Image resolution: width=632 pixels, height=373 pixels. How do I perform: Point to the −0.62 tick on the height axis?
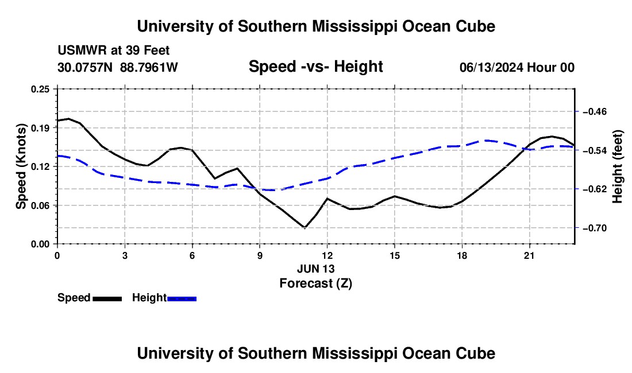[595, 189]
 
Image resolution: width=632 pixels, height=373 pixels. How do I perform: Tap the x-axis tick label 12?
[327, 255]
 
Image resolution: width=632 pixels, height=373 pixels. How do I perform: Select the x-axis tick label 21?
[529, 255]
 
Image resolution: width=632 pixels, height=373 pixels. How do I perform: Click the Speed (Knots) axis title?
[21, 166]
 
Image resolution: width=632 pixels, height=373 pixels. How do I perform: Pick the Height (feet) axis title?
[618, 166]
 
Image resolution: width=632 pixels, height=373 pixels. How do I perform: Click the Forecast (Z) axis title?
[316, 283]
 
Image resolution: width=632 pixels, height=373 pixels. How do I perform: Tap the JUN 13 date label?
[316, 269]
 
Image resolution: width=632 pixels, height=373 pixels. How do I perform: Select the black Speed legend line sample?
[107, 299]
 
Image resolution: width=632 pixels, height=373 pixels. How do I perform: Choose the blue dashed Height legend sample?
[182, 299]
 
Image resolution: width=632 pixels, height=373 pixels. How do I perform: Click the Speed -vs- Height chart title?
[316, 67]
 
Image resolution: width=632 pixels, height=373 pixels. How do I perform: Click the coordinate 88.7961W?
[149, 67]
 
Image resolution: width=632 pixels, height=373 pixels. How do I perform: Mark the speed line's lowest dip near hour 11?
[305, 228]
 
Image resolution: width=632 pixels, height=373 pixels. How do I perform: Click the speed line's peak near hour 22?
[552, 137]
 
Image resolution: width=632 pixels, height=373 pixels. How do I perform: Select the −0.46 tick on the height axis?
[595, 111]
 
